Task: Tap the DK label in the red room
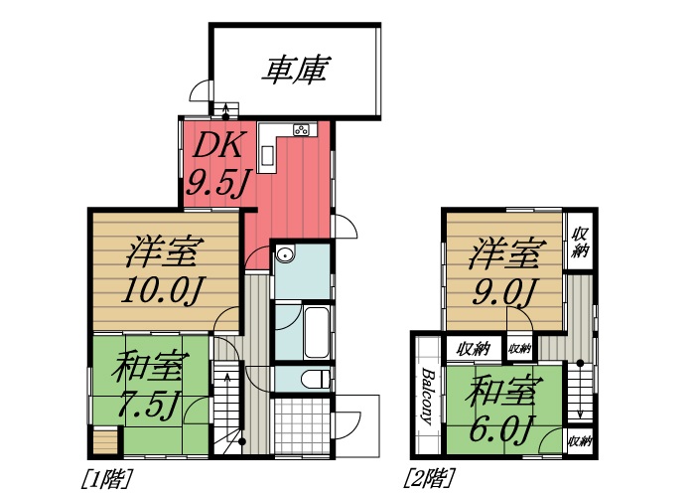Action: pyautogui.click(x=216, y=145)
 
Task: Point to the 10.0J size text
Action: pyautogui.click(x=164, y=291)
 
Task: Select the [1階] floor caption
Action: pyautogui.click(x=106, y=475)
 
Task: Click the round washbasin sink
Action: pyautogui.click(x=286, y=253)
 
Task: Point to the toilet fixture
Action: pyautogui.click(x=316, y=379)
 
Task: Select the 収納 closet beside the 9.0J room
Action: pyautogui.click(x=580, y=241)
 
